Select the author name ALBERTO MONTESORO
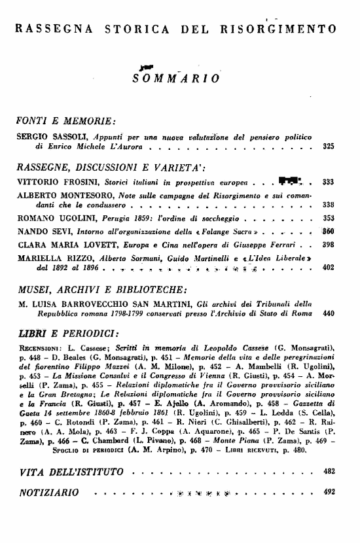tap(62, 196)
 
